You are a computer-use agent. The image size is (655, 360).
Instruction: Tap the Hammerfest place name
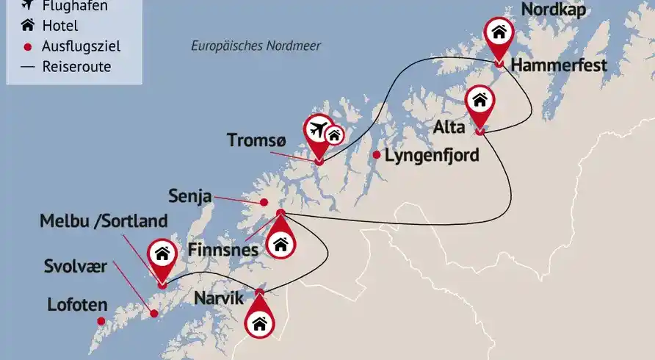[x=559, y=65]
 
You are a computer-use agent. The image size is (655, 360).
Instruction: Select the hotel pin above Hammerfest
[x=499, y=34]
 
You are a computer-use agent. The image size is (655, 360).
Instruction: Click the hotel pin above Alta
[x=479, y=101]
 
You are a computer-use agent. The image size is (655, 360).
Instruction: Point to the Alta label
[x=449, y=127]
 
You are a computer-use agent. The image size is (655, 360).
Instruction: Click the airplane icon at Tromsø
[x=319, y=129]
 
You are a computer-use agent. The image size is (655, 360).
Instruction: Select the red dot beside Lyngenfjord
[x=377, y=155]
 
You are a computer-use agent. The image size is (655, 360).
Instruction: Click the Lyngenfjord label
[x=432, y=155]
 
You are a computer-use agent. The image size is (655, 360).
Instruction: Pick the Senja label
[x=190, y=196]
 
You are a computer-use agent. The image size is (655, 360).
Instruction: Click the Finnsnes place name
[x=223, y=249]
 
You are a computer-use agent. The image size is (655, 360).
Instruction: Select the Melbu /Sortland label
[x=104, y=220]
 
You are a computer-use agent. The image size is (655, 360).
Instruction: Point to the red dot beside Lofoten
[x=101, y=320]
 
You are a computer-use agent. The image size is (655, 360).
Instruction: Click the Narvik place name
[x=219, y=299]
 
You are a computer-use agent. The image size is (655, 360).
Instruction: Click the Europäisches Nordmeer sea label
[x=256, y=46]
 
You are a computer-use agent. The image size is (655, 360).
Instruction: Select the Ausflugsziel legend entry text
[x=82, y=46]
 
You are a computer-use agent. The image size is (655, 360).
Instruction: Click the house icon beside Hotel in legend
[x=27, y=26]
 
